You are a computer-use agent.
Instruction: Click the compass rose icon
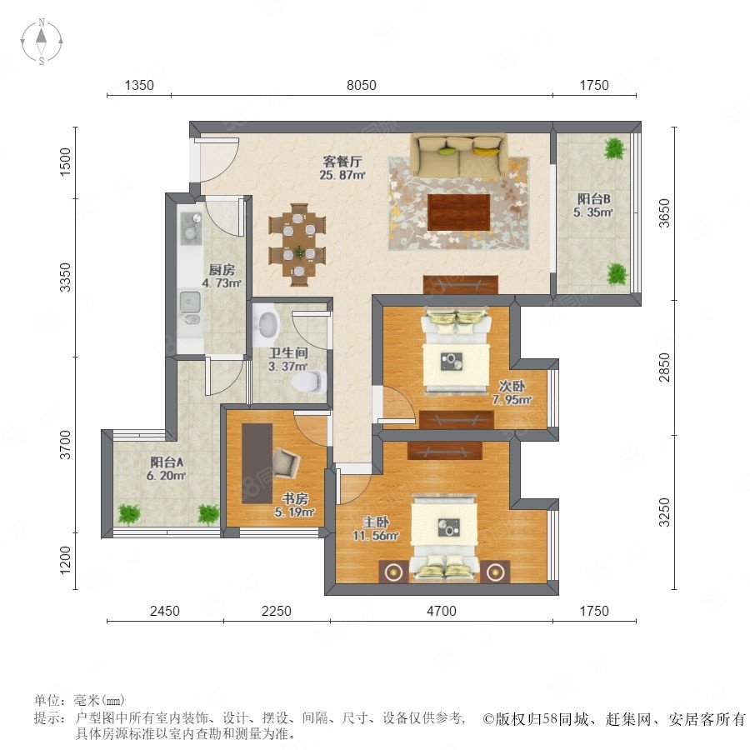(x=42, y=42)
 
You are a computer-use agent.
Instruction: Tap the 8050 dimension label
(x=361, y=85)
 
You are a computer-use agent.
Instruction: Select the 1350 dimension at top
(x=139, y=85)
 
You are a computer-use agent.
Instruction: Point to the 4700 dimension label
(x=442, y=611)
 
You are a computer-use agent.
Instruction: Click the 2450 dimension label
(x=165, y=611)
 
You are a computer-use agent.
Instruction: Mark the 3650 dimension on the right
(x=664, y=213)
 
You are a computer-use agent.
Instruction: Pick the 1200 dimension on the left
(x=65, y=560)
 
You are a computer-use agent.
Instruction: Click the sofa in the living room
(x=459, y=155)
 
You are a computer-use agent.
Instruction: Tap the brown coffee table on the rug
(x=458, y=212)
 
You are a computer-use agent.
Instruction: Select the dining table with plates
(x=298, y=244)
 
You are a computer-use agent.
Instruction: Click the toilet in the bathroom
(x=309, y=382)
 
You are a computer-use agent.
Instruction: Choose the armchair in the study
(x=286, y=462)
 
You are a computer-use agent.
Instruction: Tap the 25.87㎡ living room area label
(x=342, y=175)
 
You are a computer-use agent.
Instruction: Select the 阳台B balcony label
(x=593, y=198)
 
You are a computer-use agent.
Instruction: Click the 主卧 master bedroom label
(x=376, y=522)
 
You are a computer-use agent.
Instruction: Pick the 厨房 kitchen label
(x=222, y=270)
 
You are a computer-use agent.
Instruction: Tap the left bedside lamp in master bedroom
(x=393, y=572)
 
